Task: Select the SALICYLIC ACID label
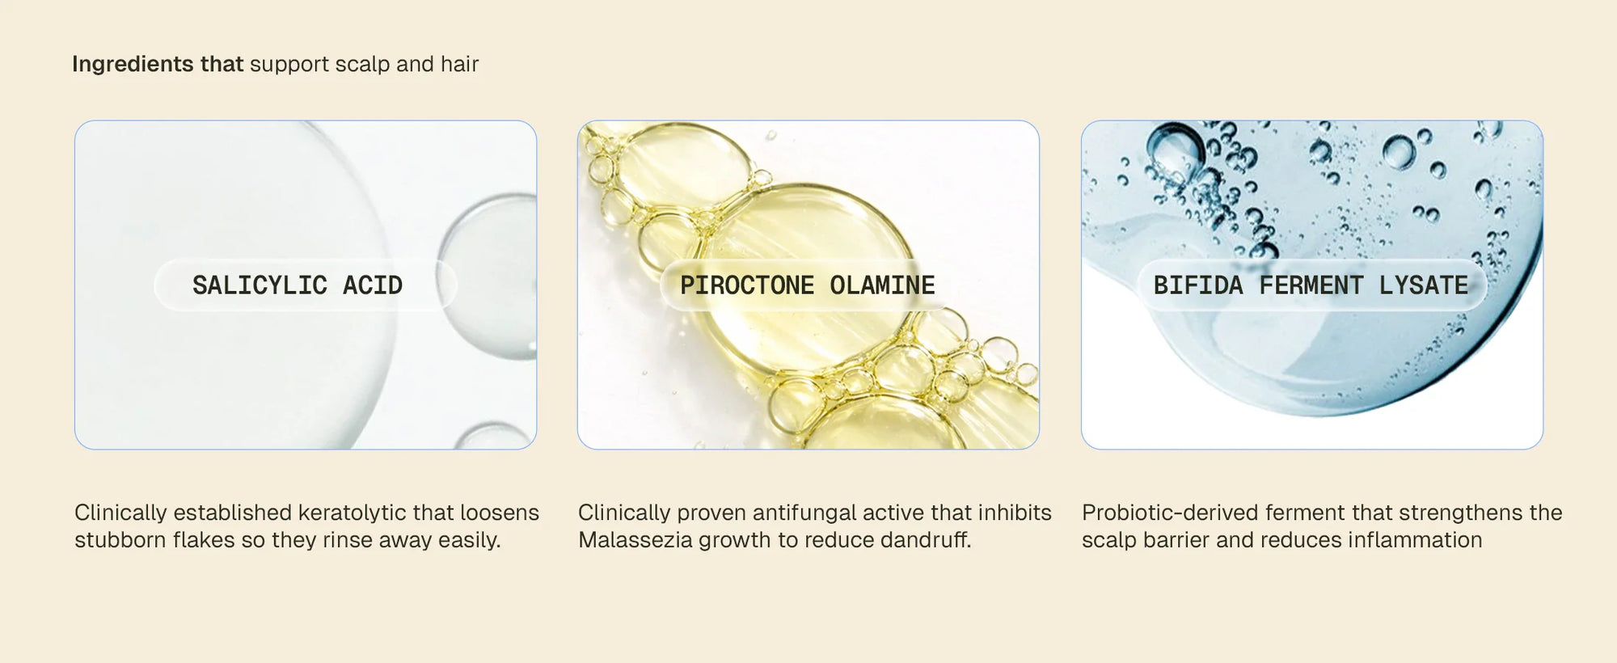297,285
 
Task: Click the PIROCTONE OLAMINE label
807,285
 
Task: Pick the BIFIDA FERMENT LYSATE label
1311,285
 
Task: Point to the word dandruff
925,540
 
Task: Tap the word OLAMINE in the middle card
882,285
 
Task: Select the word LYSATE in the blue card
1423,285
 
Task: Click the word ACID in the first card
372,285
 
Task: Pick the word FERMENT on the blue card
1311,285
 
